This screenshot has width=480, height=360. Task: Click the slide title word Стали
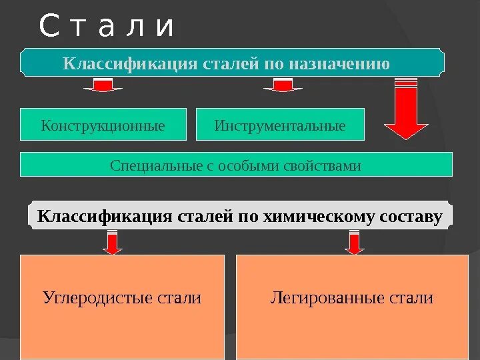point(107,27)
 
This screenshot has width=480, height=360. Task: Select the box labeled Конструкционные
point(103,125)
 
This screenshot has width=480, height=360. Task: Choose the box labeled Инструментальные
point(280,125)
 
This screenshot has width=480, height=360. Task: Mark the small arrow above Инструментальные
point(283,85)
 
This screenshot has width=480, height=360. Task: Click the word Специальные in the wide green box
point(153,165)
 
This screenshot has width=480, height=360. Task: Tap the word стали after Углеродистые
point(180,298)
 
